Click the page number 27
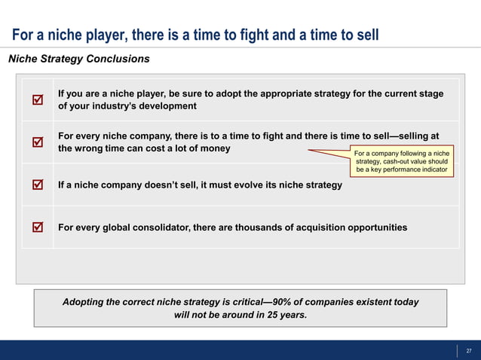[x=469, y=350]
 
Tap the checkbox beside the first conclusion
[x=37, y=99]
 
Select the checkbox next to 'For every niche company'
[x=37, y=142]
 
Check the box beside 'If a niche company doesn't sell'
[x=37, y=185]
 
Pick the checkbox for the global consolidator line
[x=37, y=227]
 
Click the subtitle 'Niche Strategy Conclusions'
[x=78, y=59]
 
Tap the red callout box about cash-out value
[x=401, y=162]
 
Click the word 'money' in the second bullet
[x=213, y=148]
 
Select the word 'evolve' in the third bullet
[x=239, y=185]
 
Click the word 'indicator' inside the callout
[x=428, y=171]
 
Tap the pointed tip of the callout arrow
[x=307, y=151]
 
